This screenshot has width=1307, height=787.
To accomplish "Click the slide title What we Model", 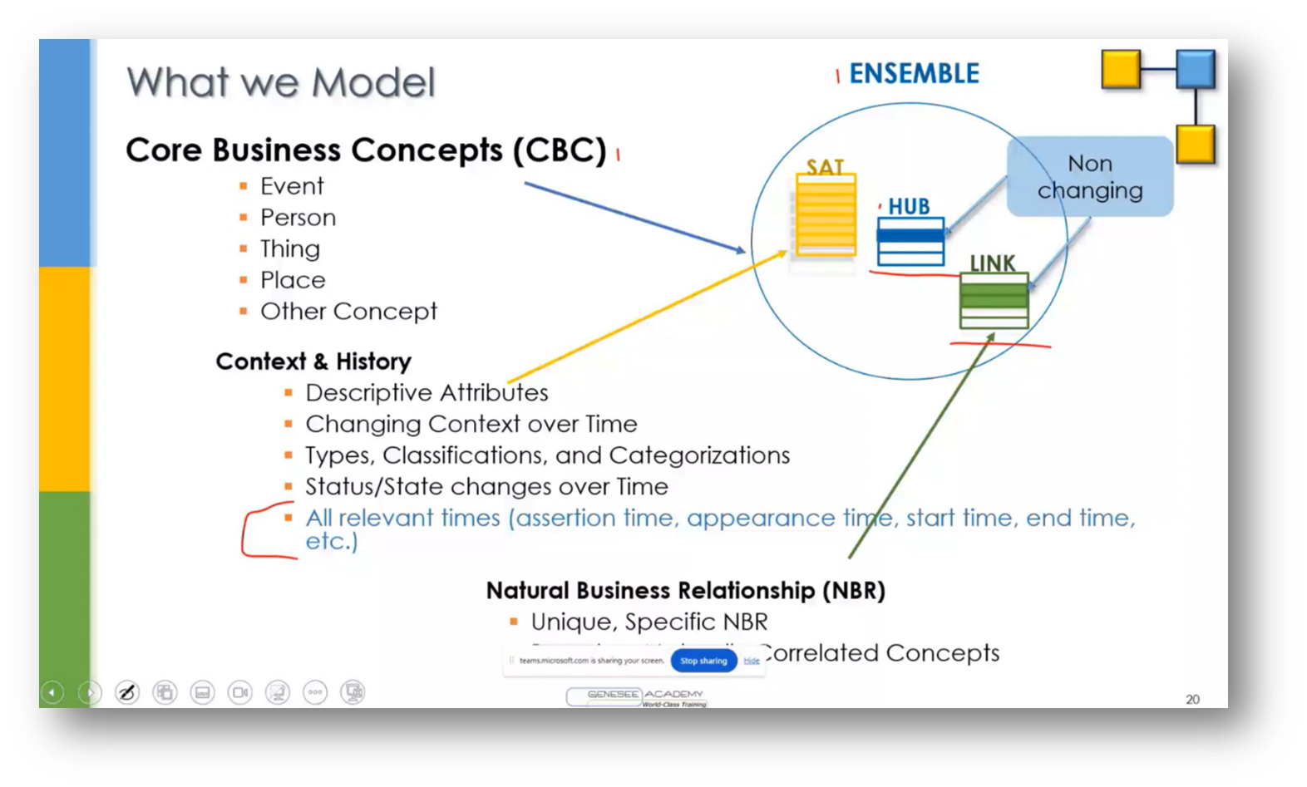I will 280,83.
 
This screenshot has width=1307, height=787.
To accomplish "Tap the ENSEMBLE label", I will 914,74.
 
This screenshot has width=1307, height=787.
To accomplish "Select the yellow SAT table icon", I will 825,215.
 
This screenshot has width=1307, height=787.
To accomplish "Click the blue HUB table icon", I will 910,241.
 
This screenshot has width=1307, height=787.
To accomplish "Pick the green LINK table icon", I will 994,300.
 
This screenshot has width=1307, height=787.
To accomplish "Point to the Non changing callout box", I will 1089,177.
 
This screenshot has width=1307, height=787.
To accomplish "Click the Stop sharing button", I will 703,661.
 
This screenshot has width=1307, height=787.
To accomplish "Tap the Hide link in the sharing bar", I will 752,661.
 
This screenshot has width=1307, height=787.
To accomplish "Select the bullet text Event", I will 292,186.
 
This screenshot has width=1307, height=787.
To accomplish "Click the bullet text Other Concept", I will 348,312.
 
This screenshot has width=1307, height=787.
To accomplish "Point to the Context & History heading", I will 313,362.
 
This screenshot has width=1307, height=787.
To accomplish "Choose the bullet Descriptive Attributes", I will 427,393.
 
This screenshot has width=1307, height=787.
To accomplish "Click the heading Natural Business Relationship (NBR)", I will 685,591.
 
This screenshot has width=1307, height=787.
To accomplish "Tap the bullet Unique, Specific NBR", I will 649,622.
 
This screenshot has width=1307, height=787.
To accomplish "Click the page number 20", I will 1192,700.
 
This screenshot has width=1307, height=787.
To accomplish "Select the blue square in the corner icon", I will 1196,69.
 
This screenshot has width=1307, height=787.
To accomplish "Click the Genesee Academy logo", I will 637,697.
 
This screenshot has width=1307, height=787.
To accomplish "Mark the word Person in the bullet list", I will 298,218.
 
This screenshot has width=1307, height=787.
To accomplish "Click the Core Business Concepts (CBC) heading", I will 366,150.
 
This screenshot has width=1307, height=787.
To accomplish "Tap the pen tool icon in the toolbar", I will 127,692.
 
